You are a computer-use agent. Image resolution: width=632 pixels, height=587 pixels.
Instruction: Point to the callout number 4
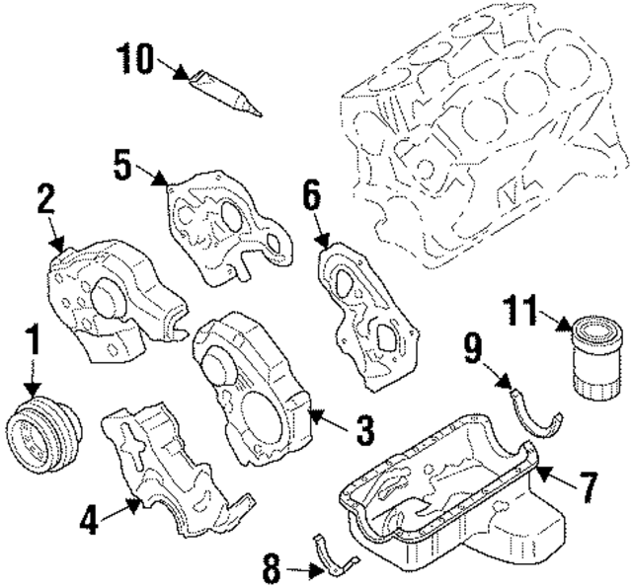click(90, 519)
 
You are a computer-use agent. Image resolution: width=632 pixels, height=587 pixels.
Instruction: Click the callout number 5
click(122, 166)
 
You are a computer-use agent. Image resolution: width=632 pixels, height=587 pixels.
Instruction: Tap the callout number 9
click(474, 346)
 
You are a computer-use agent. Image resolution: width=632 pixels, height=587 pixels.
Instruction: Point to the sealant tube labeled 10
click(225, 92)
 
